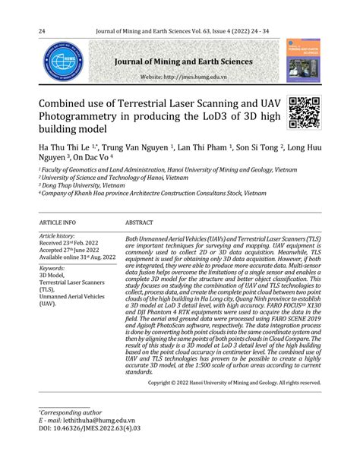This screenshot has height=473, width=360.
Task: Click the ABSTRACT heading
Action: [140, 222]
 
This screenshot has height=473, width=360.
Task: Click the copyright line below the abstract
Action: [235, 383]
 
